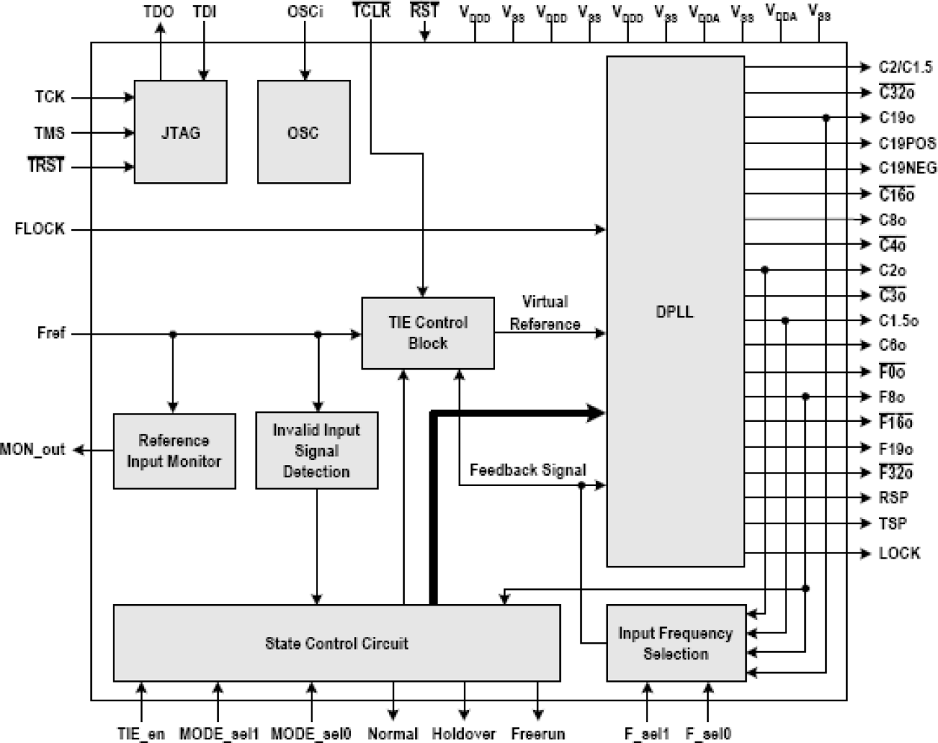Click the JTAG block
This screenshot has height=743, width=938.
pyautogui.click(x=180, y=132)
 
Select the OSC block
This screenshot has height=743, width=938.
pyautogui.click(x=303, y=132)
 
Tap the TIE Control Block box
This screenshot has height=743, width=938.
pyautogui.click(x=428, y=333)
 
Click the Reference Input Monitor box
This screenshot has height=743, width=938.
pyautogui.click(x=174, y=451)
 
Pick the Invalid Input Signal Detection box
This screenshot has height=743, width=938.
pyautogui.click(x=317, y=451)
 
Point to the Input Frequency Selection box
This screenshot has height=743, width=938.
pyautogui.click(x=675, y=643)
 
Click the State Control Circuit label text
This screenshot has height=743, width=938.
pyautogui.click(x=336, y=643)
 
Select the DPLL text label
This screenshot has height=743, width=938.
pyautogui.click(x=674, y=312)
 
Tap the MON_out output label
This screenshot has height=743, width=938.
pyautogui.click(x=33, y=450)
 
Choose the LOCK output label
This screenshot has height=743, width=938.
pyautogui.click(x=899, y=553)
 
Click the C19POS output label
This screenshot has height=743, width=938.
pyautogui.click(x=907, y=143)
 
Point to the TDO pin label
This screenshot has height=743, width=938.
pyautogui.click(x=158, y=12)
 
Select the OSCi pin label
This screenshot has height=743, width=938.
pyautogui.click(x=305, y=12)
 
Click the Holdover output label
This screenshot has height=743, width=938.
pyautogui.click(x=463, y=733)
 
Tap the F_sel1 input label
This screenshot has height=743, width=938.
pyautogui.click(x=647, y=733)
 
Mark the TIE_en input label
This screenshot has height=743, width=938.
pyautogui.click(x=140, y=733)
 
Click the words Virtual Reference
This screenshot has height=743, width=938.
pyautogui.click(x=545, y=313)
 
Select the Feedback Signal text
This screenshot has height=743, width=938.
pyautogui.click(x=527, y=470)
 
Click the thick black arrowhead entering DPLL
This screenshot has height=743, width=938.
pyautogui.click(x=595, y=412)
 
